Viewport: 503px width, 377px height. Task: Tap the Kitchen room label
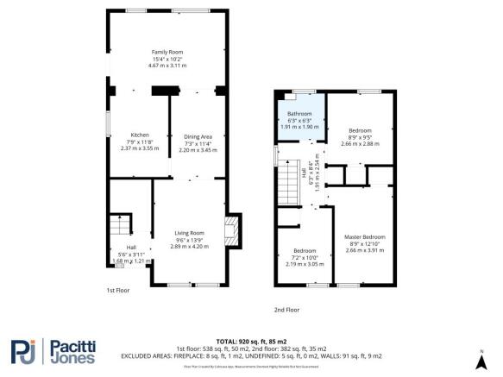[140, 135]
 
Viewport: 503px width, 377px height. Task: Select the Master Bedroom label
[364, 236]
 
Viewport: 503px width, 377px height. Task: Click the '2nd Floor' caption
[286, 309]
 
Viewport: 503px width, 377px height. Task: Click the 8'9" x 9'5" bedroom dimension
[360, 137]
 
